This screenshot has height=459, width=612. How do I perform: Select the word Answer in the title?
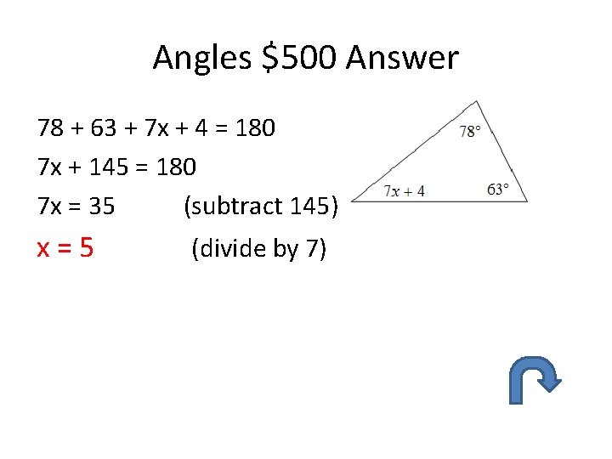402,58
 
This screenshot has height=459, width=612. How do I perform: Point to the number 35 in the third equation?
101,206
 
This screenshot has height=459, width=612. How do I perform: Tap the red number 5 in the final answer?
86,247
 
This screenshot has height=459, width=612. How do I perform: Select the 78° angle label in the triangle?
470,131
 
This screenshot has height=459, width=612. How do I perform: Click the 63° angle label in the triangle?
498,189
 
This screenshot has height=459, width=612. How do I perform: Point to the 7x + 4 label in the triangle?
404,190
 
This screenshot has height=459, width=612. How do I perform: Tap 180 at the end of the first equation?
253,128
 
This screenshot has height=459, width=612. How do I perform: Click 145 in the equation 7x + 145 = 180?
107,167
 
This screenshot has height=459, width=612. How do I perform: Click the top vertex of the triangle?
479,102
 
